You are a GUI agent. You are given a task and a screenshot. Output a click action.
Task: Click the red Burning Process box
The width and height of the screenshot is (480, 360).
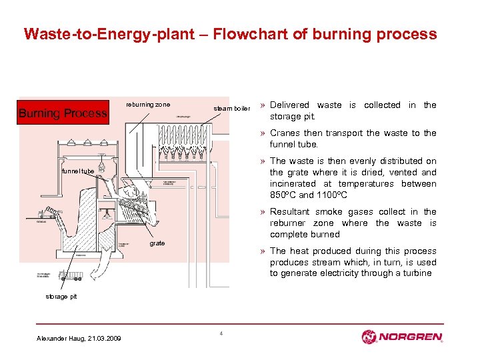(x=63, y=113)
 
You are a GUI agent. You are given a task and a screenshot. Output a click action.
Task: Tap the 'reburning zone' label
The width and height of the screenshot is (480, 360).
(x=148, y=104)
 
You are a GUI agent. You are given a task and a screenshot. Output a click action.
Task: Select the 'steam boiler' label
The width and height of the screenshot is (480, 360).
(x=231, y=108)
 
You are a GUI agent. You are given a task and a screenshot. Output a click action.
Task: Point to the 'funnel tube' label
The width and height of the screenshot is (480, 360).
(x=78, y=171)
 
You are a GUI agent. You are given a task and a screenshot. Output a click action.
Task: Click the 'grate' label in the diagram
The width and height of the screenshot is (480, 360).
(x=157, y=243)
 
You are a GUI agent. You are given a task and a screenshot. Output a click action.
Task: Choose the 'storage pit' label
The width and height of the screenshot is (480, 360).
(x=61, y=297)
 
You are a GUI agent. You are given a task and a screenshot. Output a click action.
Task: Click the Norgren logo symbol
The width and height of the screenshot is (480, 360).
(x=370, y=337)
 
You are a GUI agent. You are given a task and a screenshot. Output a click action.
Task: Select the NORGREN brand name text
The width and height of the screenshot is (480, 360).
(x=411, y=337)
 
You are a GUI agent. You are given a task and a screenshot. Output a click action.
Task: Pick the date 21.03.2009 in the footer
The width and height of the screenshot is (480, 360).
(x=105, y=339)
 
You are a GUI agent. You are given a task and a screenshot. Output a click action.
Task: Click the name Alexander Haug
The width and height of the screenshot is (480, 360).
(x=57, y=339)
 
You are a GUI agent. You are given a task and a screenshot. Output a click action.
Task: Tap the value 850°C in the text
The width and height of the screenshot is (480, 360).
(x=283, y=195)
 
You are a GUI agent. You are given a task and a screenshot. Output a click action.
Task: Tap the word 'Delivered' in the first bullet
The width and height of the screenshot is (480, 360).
(x=289, y=105)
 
